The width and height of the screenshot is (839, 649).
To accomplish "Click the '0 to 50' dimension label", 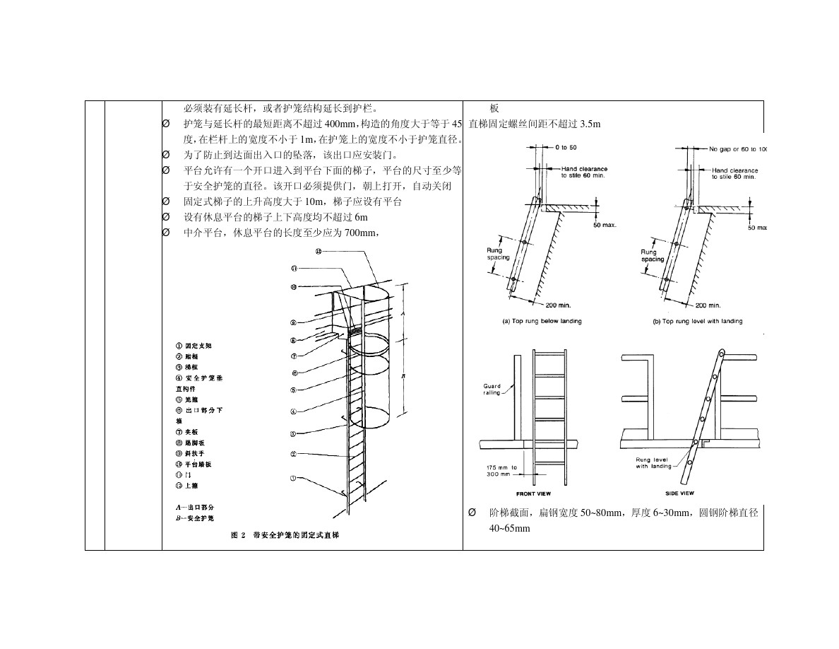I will (x=566, y=147).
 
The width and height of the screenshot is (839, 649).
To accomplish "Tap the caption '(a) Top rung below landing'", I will (x=542, y=321).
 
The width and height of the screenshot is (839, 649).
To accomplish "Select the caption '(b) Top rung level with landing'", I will (x=697, y=321).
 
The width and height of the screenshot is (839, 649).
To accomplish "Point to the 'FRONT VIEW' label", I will (x=533, y=493).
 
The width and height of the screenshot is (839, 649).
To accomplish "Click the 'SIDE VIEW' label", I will (x=679, y=493).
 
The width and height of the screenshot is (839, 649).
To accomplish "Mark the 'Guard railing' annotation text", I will (x=492, y=389).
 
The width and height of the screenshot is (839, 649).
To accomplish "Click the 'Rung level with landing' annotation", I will (x=653, y=463).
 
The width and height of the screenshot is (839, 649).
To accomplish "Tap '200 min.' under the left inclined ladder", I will (x=558, y=305).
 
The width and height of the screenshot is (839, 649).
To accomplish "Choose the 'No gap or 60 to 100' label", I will (x=738, y=149).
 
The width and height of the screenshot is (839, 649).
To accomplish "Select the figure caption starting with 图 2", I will (x=285, y=535).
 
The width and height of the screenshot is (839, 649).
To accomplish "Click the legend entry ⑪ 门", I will (x=183, y=475).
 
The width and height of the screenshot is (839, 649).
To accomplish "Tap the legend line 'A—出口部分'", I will (x=194, y=508).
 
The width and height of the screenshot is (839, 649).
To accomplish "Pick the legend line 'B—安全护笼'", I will (x=194, y=518).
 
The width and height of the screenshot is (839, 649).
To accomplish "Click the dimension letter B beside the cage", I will (x=403, y=377).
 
